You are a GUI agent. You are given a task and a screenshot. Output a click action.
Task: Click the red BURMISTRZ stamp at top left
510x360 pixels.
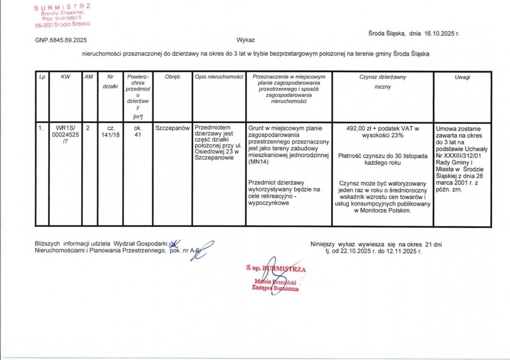(62, 15)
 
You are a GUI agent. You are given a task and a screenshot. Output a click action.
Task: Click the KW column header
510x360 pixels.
(65, 77)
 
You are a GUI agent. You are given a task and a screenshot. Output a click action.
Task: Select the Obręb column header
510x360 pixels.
(172, 77)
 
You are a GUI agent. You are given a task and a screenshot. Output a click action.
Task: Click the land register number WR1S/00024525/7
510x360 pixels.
(65, 134)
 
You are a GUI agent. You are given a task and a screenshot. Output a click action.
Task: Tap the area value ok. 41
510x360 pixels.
(138, 131)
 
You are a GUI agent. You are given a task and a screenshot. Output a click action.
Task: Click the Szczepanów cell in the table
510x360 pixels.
(172, 128)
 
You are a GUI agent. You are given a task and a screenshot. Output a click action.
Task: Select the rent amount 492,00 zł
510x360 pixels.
(363, 128)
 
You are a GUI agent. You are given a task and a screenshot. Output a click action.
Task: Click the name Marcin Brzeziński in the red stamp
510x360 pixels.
(275, 282)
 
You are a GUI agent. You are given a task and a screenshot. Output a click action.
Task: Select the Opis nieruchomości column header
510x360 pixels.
(219, 77)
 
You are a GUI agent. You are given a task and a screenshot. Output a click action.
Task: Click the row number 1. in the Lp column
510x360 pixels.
(41, 128)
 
